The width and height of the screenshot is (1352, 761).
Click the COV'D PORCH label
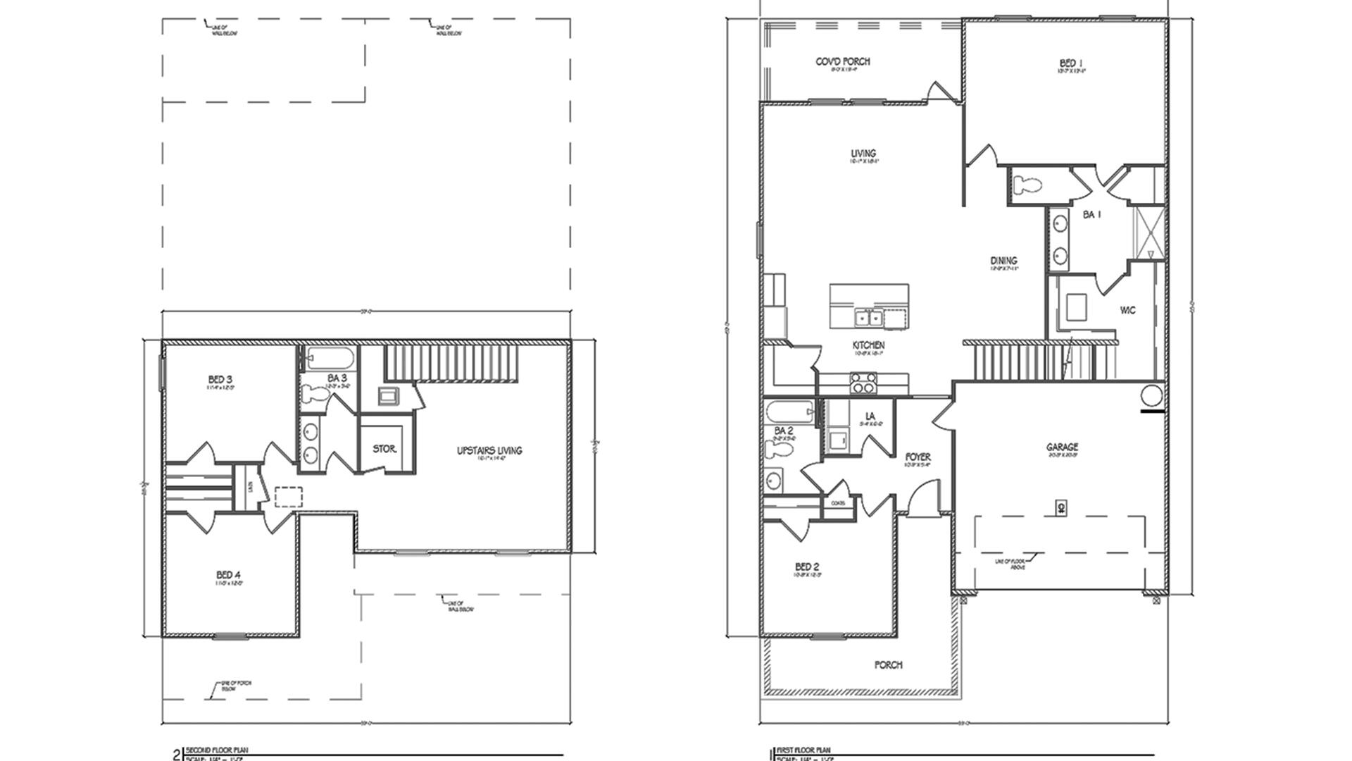843,62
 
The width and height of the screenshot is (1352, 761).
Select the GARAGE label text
1062,447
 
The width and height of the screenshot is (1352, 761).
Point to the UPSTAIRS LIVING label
489,450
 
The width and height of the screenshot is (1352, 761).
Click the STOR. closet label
384,449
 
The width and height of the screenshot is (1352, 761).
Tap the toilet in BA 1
1029,185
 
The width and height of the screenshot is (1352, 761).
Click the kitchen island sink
868,318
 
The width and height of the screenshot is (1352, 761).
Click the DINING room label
1003,261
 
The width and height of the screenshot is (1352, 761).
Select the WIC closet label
1127,310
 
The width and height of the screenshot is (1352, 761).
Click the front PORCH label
888,664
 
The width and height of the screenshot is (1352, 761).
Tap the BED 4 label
229,576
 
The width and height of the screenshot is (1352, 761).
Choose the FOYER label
918,457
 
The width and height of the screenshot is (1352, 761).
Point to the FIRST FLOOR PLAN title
803,751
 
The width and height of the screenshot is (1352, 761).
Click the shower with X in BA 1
1146,232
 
